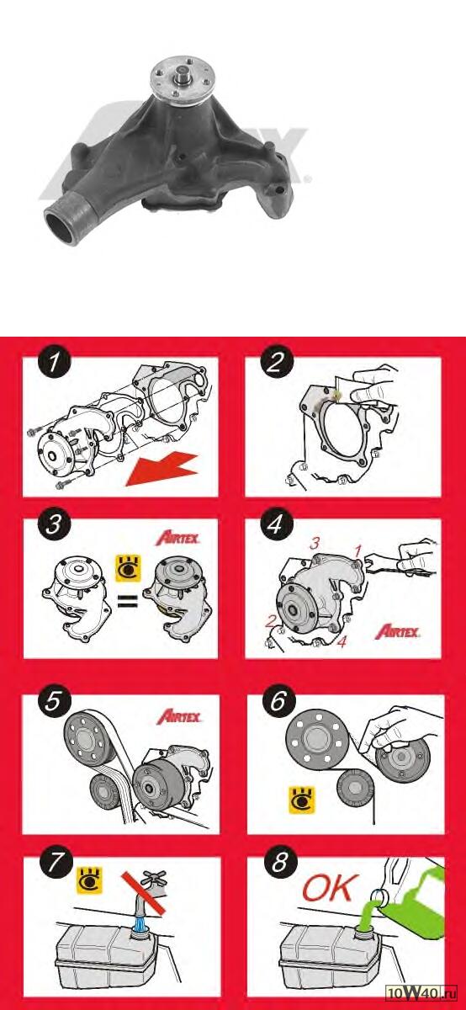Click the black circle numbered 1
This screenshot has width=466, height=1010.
tap(54, 362)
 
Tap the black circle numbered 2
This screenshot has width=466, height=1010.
tap(277, 362)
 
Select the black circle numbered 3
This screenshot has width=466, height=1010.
tap(54, 524)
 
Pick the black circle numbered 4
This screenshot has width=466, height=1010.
tap(276, 524)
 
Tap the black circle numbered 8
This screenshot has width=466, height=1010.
tap(279, 862)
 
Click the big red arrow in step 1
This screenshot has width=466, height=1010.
tap(162, 470)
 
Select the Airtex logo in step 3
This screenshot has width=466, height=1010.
tap(177, 538)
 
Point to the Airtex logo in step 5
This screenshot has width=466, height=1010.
tap(179, 717)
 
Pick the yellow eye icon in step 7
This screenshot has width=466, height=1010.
tap(90, 880)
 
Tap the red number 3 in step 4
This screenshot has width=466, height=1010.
tap(315, 544)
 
